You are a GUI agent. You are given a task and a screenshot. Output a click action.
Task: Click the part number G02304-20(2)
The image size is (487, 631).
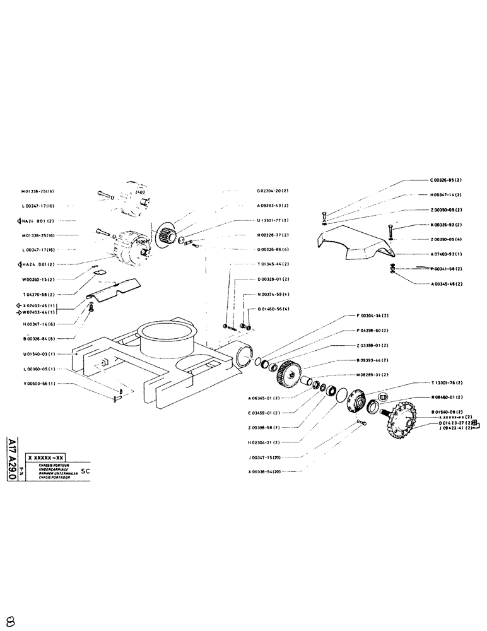pos(273,190)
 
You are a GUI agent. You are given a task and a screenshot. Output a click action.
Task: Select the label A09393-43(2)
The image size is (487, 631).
pos(273,205)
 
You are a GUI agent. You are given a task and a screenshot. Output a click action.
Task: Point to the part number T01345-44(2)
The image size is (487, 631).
pos(273,264)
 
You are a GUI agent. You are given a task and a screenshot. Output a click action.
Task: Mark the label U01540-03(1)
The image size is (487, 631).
pos(38,354)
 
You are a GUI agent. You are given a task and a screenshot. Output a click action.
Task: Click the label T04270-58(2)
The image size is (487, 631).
pos(38,293)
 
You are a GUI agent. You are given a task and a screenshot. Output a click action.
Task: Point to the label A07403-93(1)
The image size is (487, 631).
pos(446,254)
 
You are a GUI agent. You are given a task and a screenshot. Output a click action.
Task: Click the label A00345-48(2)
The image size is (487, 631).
pos(446,283)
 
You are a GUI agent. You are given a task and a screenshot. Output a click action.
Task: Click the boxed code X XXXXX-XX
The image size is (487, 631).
pos(46,457)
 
